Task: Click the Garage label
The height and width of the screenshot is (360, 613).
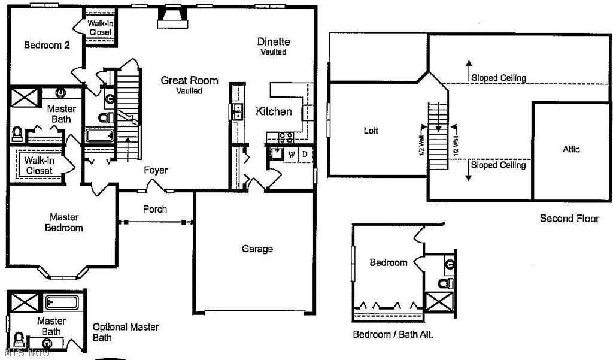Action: [257, 249]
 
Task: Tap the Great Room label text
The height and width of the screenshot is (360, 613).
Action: [190, 81]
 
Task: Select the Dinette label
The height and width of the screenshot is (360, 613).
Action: [274, 41]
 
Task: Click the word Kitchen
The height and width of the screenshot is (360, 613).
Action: [274, 111]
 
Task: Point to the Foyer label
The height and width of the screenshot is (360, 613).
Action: [156, 170]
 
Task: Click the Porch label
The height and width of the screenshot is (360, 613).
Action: [155, 209]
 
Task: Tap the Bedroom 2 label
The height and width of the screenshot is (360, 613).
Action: [47, 45]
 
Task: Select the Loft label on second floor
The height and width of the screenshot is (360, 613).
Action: [371, 131]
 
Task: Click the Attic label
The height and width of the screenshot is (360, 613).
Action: [570, 149]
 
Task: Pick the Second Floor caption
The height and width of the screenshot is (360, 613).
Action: [570, 219]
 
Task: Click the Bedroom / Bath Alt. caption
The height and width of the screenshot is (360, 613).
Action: [393, 335]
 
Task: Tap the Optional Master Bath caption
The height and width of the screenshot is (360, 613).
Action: [126, 332]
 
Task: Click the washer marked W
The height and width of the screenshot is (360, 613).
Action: [292, 155]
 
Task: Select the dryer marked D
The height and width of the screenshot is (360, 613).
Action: [305, 154]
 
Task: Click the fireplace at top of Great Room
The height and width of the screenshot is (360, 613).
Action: [173, 17]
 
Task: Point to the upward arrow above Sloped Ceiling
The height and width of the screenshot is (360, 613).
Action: [469, 71]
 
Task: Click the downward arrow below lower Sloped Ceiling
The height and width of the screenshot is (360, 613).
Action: [469, 171]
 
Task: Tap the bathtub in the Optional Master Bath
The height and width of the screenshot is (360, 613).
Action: [62, 302]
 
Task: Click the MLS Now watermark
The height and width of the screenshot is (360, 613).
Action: [25, 353]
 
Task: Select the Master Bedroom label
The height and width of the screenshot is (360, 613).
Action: [64, 222]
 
